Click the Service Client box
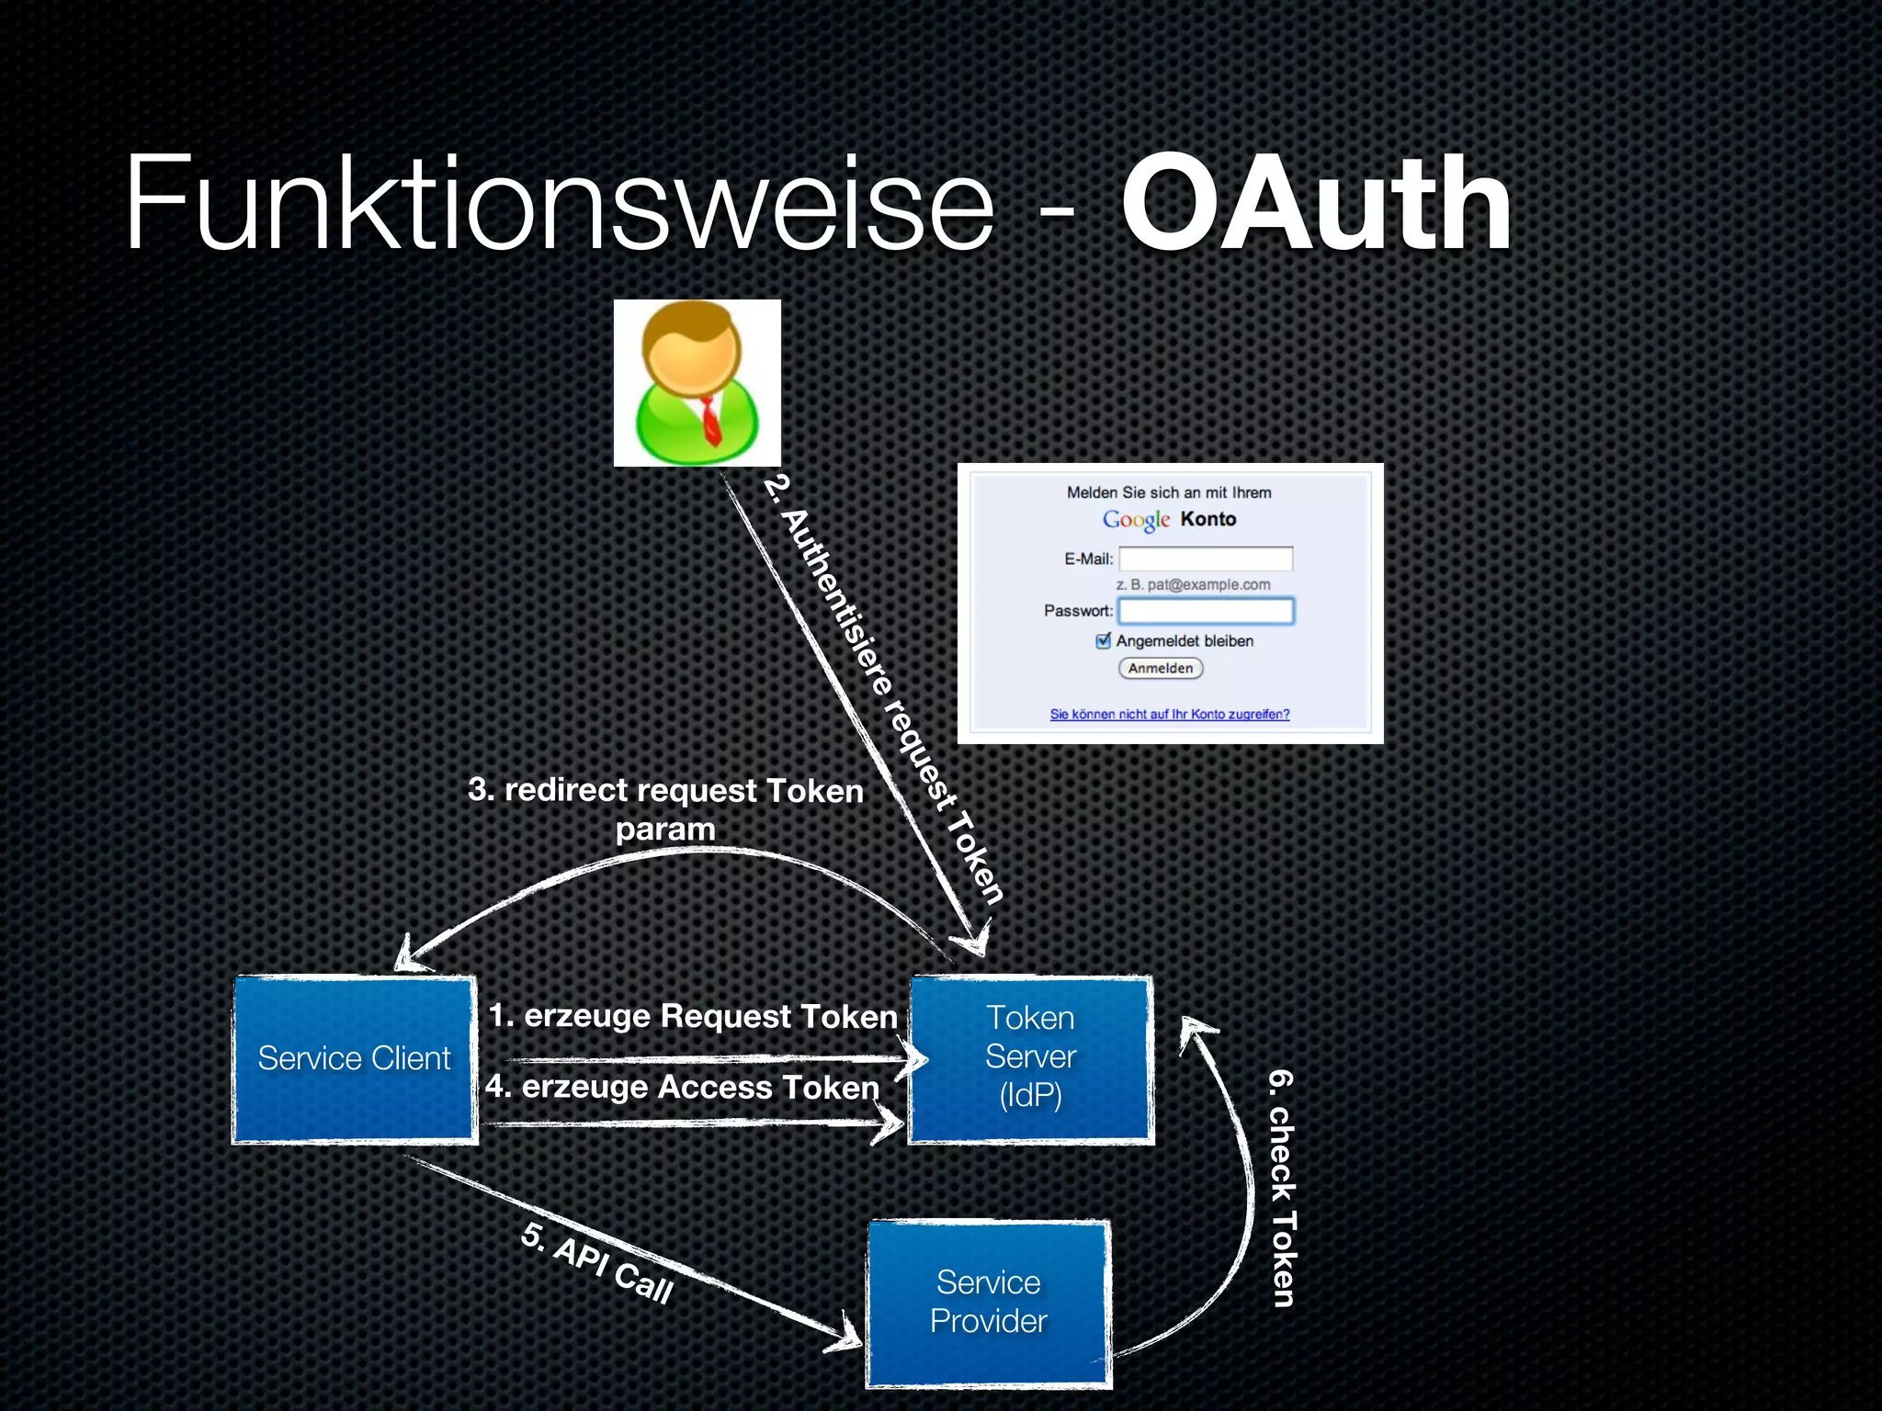(x=355, y=1059)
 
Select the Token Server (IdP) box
(x=1030, y=1057)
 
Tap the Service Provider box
(x=989, y=1302)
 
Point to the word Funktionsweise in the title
(x=559, y=204)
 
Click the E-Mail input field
(x=1206, y=559)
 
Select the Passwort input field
(x=1206, y=611)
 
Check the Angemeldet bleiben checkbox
(x=1104, y=640)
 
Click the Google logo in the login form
(x=1136, y=520)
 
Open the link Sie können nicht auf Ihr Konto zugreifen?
(x=1170, y=715)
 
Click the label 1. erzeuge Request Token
(x=692, y=1016)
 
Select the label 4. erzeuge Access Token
(x=683, y=1087)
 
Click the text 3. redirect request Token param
(x=665, y=808)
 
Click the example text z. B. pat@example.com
(x=1193, y=584)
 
